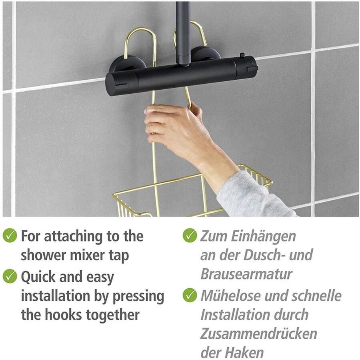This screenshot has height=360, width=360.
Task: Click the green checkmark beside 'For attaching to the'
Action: click(x=10, y=235)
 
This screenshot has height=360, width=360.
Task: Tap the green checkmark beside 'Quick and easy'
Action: click(x=10, y=276)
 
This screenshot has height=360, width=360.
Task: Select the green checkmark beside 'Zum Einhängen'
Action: click(x=190, y=235)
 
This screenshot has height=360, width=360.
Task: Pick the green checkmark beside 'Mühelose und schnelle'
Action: click(x=190, y=295)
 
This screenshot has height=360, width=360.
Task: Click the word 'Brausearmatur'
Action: click(x=246, y=274)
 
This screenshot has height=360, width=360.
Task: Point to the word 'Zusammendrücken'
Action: click(x=259, y=334)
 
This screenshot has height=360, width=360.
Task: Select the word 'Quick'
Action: click(x=38, y=277)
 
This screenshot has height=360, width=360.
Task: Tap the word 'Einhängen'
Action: click(x=263, y=237)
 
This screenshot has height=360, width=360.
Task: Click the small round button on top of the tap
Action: click(x=242, y=55)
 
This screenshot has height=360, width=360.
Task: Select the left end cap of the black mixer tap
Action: click(x=112, y=84)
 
